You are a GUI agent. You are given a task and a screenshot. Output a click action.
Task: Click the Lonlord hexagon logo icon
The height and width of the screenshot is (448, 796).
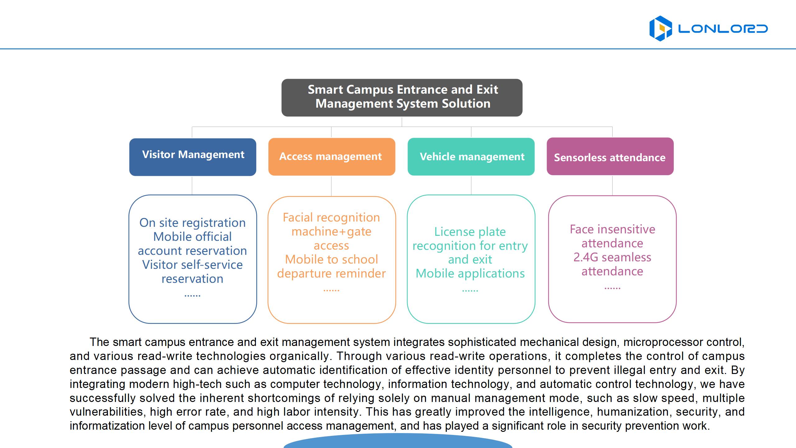[x=660, y=28]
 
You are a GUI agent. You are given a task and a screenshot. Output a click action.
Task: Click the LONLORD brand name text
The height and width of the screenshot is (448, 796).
[x=723, y=29]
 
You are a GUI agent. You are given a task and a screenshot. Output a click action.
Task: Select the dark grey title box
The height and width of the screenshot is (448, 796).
[x=402, y=97]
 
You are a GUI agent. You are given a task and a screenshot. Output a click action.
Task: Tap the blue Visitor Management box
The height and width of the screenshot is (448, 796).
[x=193, y=157]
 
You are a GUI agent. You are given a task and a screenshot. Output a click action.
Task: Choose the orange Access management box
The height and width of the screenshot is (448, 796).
[x=331, y=157]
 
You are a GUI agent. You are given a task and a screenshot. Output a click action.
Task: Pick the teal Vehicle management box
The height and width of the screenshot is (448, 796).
[x=471, y=156]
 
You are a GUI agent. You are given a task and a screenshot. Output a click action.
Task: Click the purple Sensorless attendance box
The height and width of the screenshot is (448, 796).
[x=610, y=156]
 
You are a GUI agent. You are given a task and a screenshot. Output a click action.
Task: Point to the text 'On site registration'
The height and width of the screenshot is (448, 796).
[x=192, y=223]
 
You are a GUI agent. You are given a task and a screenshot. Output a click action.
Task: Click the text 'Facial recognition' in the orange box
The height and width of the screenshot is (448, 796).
[x=331, y=217]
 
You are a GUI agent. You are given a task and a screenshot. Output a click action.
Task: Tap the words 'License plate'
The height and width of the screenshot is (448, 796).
[x=470, y=232]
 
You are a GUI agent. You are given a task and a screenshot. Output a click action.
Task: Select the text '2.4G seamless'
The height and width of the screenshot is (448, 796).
[x=612, y=257]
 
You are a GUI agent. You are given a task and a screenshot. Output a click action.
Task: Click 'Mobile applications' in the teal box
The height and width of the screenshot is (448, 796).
[x=470, y=273]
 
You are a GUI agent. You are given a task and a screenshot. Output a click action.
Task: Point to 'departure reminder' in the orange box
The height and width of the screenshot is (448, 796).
[x=331, y=273]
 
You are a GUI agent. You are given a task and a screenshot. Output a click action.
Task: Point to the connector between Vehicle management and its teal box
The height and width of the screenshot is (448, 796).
[x=471, y=185]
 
